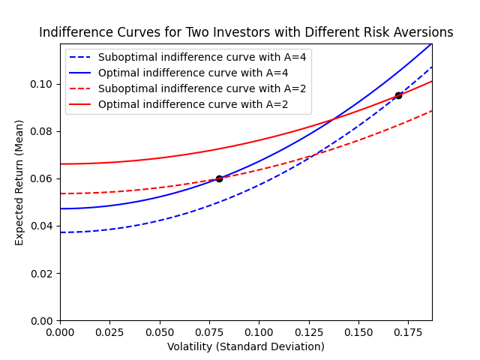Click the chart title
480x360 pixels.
tap(246, 33)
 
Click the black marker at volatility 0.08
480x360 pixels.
tap(219, 178)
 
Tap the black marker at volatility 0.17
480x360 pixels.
tap(398, 95)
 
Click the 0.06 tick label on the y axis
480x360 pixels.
tap(43, 178)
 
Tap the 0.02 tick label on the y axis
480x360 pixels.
tap(43, 273)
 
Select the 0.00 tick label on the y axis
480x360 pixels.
tap(43, 320)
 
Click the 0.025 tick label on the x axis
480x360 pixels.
tap(109, 331)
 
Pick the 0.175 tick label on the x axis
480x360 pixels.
tap(407, 331)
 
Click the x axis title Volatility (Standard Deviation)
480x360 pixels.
tap(246, 346)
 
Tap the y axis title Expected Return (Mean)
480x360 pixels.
tap(19, 182)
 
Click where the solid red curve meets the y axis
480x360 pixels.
tap(61, 163)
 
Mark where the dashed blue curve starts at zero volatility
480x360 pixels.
tap(61, 232)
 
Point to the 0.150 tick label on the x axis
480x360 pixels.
tap(358, 331)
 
